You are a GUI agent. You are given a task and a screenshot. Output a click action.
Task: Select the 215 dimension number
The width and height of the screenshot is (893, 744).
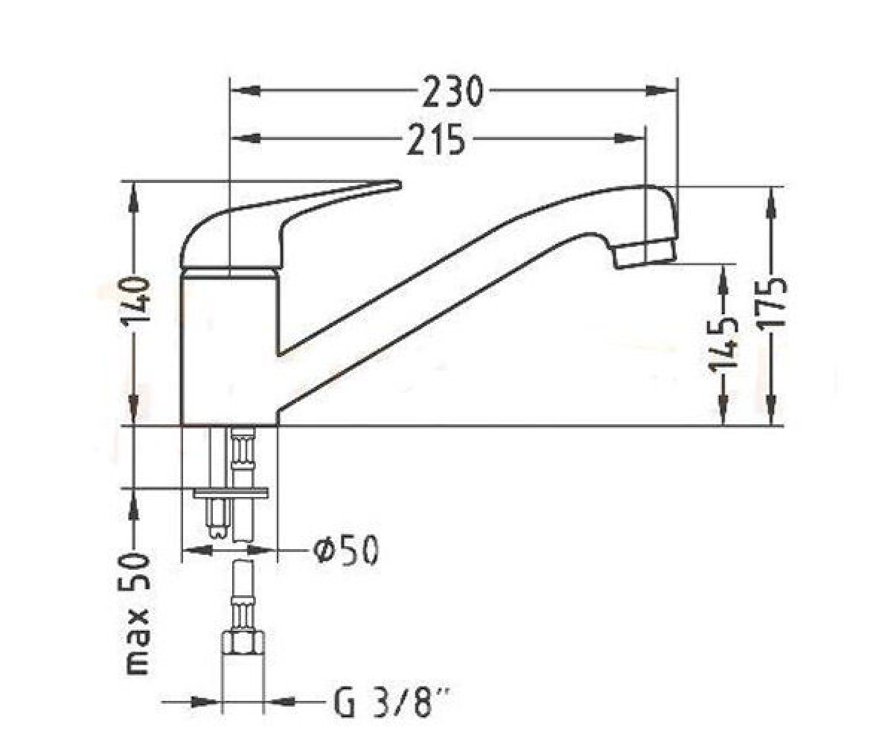[x=436, y=139]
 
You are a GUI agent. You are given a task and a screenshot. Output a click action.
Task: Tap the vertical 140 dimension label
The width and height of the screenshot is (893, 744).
[x=136, y=301]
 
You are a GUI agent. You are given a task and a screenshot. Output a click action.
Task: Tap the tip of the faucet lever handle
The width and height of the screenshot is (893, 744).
[x=399, y=184]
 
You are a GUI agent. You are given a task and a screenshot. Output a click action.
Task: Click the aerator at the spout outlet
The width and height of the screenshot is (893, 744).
[x=646, y=254]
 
